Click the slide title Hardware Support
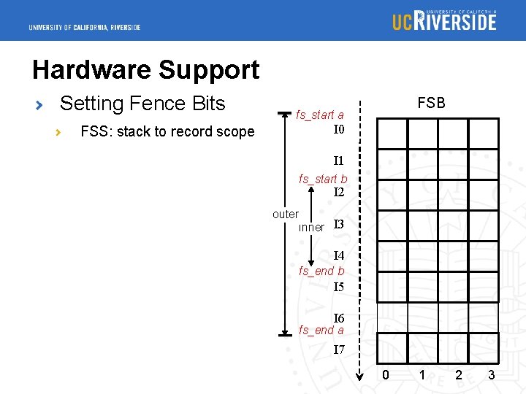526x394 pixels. [x=145, y=70]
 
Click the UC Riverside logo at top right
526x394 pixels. [x=444, y=20]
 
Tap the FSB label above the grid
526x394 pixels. [x=431, y=103]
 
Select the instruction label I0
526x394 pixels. [x=339, y=130]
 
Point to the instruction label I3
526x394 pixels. [x=339, y=224]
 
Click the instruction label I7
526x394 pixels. [x=339, y=349]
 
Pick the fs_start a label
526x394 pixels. [x=320, y=115]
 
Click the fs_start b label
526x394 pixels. [x=323, y=179]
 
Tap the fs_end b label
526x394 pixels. [x=321, y=271]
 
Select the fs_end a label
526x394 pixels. [x=321, y=331]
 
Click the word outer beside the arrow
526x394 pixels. [x=285, y=214]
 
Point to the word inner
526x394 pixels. [x=311, y=227]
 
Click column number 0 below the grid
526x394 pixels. [x=386, y=375]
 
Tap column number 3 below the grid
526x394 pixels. [x=492, y=375]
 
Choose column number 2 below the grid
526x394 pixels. [x=458, y=375]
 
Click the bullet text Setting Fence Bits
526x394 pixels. [x=142, y=104]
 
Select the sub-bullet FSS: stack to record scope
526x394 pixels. [x=167, y=131]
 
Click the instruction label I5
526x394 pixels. [x=339, y=287]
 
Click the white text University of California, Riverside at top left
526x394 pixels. [x=85, y=28]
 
